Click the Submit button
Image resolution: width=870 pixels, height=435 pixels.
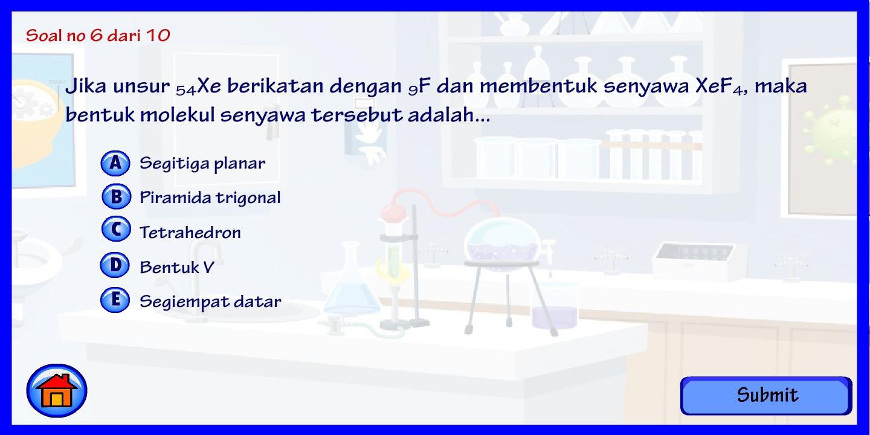coord(766,396)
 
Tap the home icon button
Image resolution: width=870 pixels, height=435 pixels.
coord(57,391)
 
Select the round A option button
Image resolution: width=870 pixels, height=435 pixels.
coord(115,163)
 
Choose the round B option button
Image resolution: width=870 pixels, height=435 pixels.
coord(115,197)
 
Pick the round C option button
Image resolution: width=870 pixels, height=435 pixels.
coord(115,230)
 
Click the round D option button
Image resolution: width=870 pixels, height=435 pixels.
coord(115,265)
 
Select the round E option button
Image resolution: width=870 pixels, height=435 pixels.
coord(115,300)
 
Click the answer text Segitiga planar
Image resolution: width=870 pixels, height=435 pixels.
coord(202,163)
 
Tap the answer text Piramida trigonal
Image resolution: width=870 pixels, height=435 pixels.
coord(210,198)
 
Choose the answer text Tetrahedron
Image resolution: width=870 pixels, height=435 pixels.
coord(190,233)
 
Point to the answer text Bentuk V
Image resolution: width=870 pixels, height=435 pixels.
coord(177,267)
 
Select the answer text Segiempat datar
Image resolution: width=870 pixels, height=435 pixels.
coord(210,301)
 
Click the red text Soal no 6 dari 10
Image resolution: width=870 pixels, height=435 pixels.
coord(98,35)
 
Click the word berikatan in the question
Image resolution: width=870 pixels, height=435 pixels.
coord(275,86)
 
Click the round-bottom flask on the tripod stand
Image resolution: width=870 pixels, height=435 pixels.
coord(502,242)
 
